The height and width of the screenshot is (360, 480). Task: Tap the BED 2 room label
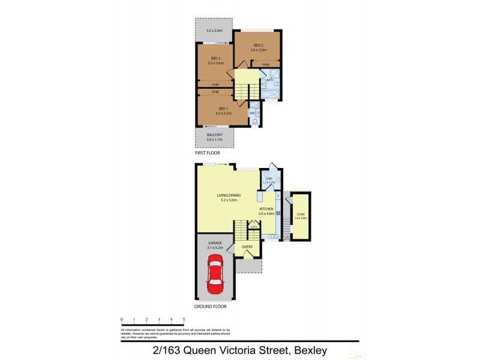[x=259, y=45]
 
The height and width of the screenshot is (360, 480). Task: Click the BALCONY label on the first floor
[x=214, y=135]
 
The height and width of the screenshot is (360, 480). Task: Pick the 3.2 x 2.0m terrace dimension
[x=214, y=31]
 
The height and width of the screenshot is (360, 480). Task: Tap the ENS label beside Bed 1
[x=252, y=112]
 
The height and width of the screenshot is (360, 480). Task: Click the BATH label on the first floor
[x=270, y=79]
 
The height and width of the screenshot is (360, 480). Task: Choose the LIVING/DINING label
[x=227, y=195]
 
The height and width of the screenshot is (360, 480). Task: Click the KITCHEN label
[x=266, y=208]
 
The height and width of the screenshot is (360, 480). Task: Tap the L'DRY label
[x=269, y=178]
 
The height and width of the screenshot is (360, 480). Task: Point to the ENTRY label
[x=247, y=247]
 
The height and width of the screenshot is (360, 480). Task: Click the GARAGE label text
[x=215, y=243]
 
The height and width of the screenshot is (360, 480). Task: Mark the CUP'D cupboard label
[x=254, y=226]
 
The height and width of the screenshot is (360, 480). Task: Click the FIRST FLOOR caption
[x=207, y=154]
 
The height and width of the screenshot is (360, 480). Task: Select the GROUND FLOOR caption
[x=210, y=307]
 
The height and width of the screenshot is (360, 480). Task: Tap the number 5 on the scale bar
[x=184, y=320]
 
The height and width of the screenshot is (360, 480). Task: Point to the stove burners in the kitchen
[x=278, y=214]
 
